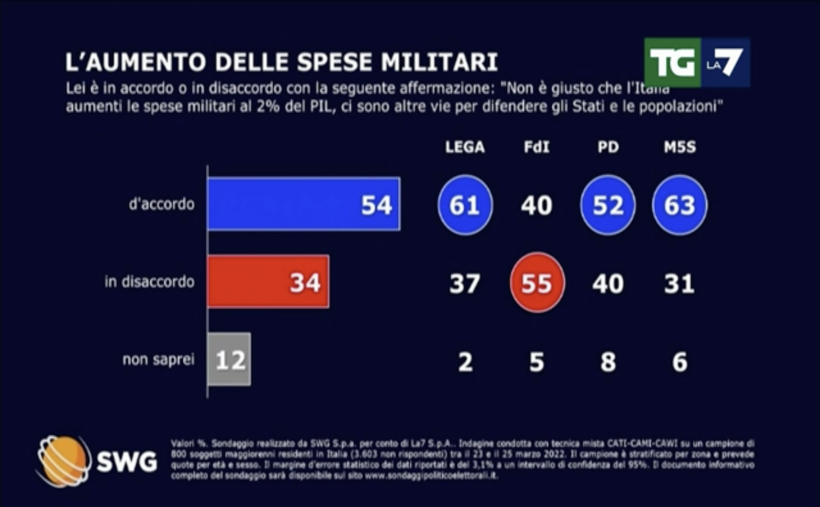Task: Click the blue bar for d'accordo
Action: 304,204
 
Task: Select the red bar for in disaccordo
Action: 268,282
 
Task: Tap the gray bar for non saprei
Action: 229,359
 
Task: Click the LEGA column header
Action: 465,147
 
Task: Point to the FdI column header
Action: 537,147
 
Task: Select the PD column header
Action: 608,147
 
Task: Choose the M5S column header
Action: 680,147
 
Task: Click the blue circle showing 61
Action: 465,205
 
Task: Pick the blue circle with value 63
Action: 680,205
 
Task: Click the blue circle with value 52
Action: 608,205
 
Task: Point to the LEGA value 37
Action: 465,283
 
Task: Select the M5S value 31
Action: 679,283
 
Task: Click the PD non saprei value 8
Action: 608,362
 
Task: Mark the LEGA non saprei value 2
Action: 465,362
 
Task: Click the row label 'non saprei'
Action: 158,359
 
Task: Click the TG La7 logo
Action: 697,62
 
